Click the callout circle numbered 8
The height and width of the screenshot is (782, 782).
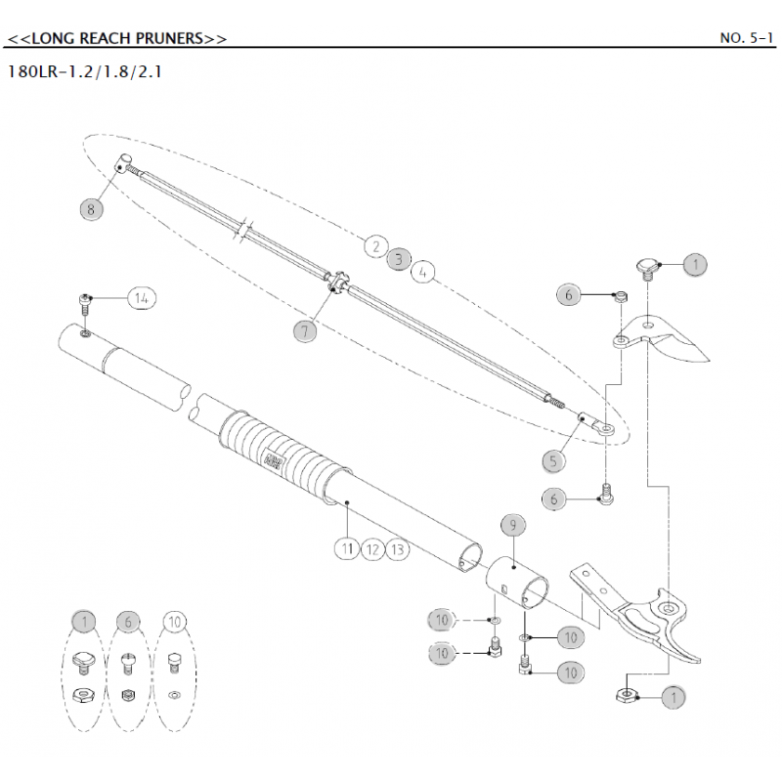[x=92, y=207]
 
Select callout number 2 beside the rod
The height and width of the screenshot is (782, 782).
[x=374, y=246]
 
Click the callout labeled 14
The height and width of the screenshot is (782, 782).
[x=142, y=299]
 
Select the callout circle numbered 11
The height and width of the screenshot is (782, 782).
[x=346, y=548]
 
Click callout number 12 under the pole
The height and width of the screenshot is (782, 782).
[x=371, y=549]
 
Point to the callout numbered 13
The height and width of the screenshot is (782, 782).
[x=396, y=550]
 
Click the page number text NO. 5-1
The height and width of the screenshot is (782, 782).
[x=746, y=38]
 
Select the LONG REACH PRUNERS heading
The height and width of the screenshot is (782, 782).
[x=116, y=38]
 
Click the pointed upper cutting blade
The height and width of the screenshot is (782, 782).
[x=679, y=341]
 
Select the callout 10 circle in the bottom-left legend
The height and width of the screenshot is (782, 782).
[x=174, y=620]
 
